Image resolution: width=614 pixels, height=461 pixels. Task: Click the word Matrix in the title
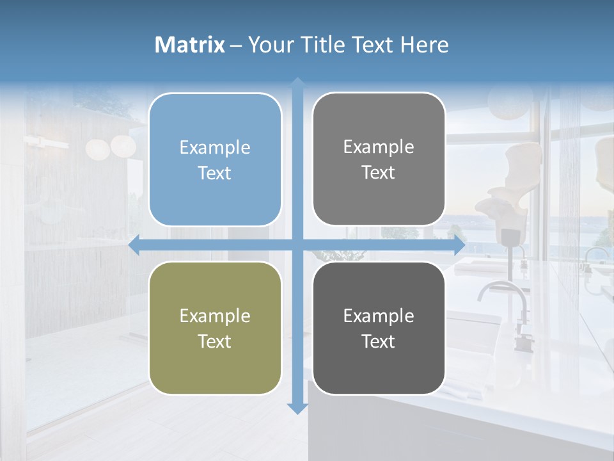pyautogui.click(x=190, y=45)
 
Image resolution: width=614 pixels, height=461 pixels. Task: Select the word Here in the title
pyautogui.click(x=424, y=45)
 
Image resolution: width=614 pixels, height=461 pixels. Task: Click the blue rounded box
pyautogui.click(x=215, y=159)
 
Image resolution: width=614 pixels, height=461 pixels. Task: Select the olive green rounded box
pyautogui.click(x=215, y=328)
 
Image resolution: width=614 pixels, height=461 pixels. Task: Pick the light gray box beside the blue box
pyautogui.click(x=379, y=159)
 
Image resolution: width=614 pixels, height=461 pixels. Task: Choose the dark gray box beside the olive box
pyautogui.click(x=379, y=328)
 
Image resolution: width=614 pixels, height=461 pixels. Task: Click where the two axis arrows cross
pyautogui.click(x=297, y=245)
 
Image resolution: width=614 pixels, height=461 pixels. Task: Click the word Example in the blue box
pyautogui.click(x=215, y=148)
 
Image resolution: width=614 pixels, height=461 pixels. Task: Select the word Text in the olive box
pyautogui.click(x=215, y=341)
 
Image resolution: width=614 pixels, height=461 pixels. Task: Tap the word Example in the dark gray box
pyautogui.click(x=379, y=316)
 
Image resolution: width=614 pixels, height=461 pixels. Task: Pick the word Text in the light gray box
pyautogui.click(x=379, y=173)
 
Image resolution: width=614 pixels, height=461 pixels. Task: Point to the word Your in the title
pyautogui.click(x=269, y=45)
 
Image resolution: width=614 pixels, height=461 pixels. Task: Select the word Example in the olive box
pyautogui.click(x=215, y=316)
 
